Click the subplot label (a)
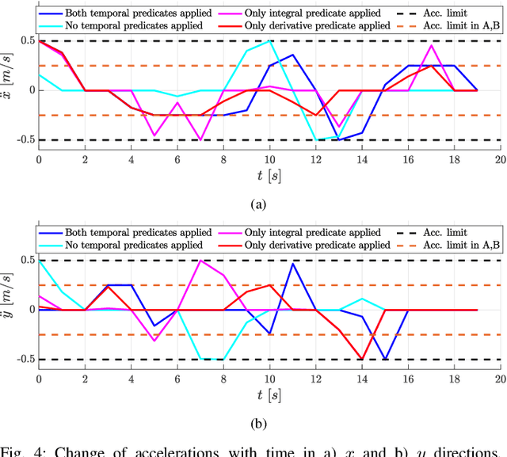(x=258, y=204)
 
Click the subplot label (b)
(x=258, y=424)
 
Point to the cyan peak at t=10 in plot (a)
(x=269, y=40)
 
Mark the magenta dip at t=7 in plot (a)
(x=200, y=140)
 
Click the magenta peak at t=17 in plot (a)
(x=431, y=45)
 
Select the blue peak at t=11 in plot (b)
(x=293, y=263)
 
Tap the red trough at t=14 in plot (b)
(x=362, y=359)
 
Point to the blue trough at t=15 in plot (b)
(x=385, y=359)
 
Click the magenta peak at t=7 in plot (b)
(x=200, y=261)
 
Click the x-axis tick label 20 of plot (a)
(x=500, y=159)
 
